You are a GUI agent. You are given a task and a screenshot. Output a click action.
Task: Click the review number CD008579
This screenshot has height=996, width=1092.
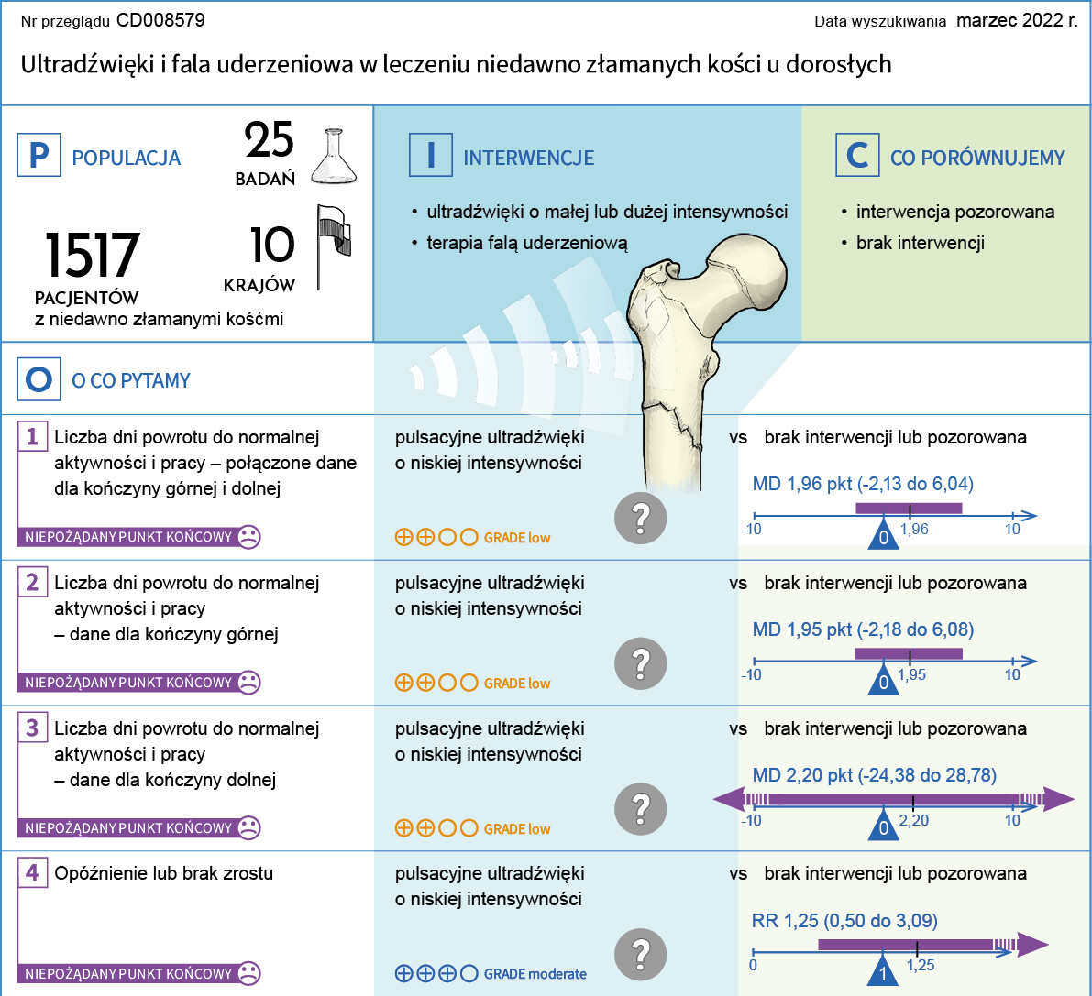[160, 20]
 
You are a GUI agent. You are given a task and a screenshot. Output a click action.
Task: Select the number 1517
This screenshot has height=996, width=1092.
[92, 256]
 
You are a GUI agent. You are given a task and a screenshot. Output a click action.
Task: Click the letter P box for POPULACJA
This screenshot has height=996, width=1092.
[39, 155]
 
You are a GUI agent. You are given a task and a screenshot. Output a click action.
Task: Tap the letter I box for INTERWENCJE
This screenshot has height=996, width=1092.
[430, 155]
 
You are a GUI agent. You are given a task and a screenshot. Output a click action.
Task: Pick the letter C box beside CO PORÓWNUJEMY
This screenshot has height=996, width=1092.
[857, 155]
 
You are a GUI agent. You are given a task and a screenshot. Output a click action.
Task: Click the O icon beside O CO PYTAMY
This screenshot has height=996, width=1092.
[39, 379]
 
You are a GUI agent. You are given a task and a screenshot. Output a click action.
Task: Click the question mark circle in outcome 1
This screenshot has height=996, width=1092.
[641, 518]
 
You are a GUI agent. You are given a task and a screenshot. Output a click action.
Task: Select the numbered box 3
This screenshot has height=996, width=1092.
[32, 728]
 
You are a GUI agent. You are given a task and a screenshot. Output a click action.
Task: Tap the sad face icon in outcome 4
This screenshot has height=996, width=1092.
[248, 973]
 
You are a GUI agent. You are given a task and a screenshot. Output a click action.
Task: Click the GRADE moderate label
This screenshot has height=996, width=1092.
[535, 974]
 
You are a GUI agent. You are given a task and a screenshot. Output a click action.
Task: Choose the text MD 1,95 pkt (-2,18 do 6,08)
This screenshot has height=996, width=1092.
[863, 629]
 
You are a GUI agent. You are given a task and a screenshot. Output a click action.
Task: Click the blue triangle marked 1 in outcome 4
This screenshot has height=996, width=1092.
[883, 971]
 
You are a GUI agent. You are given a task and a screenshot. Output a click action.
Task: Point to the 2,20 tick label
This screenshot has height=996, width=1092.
[914, 820]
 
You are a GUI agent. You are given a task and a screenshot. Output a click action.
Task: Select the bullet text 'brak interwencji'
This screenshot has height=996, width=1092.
[920, 243]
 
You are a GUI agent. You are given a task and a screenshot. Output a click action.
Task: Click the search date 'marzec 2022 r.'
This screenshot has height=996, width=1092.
[1017, 20]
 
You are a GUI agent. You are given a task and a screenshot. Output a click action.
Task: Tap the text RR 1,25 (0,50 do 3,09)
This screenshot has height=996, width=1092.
[844, 921]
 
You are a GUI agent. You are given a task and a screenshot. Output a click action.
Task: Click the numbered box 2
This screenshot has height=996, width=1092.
[32, 583]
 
